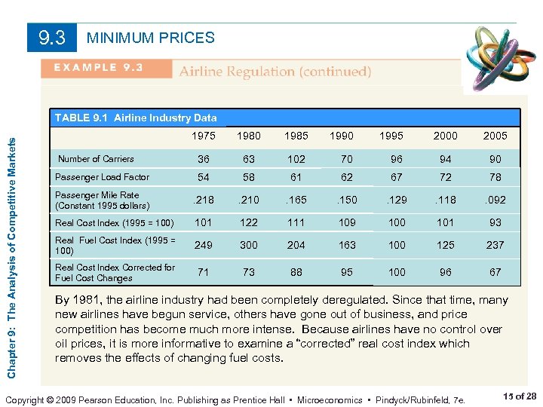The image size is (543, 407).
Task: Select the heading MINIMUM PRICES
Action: (x=151, y=38)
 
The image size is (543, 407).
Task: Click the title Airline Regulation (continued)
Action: (x=275, y=72)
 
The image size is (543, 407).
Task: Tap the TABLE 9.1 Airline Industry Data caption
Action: (x=136, y=118)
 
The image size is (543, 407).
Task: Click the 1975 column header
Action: (x=204, y=136)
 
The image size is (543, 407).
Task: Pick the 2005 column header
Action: (x=495, y=136)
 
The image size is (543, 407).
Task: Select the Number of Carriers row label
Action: (x=97, y=159)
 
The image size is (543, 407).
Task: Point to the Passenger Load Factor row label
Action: (x=103, y=177)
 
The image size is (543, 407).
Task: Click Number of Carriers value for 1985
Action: (x=296, y=159)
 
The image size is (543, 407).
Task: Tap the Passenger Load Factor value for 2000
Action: (x=445, y=177)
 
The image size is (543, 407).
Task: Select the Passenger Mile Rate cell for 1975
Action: (x=203, y=200)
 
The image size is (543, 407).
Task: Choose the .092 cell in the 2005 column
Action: (x=495, y=200)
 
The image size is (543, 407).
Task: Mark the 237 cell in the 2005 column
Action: (x=495, y=245)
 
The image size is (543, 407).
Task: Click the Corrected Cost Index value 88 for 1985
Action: (x=296, y=271)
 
